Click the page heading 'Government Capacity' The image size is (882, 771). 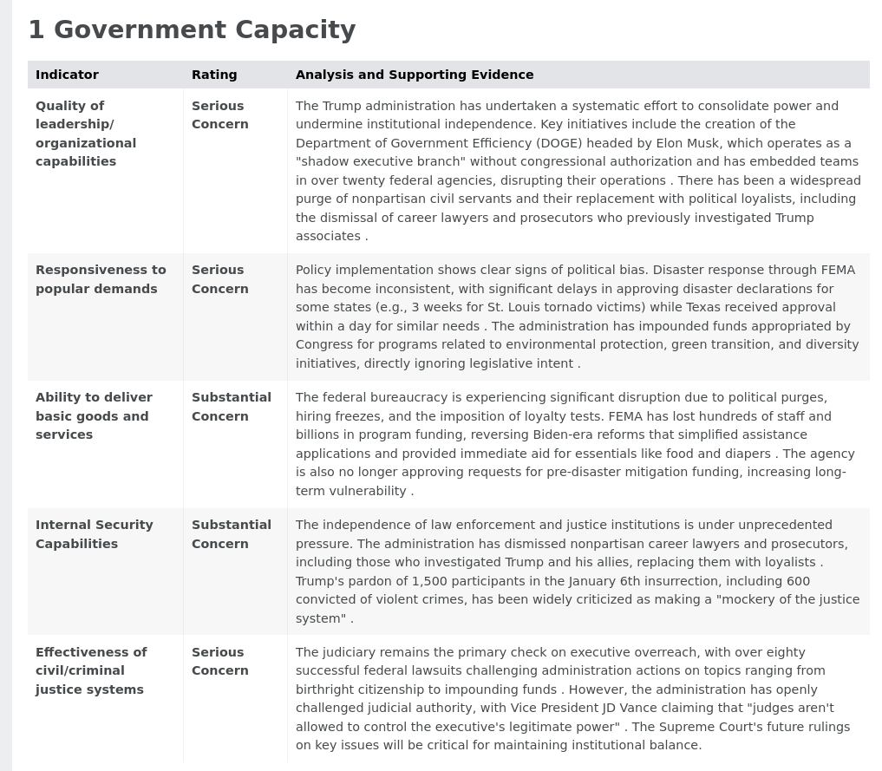click(x=204, y=30)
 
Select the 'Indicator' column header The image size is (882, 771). click(x=67, y=75)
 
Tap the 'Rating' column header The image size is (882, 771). click(x=214, y=75)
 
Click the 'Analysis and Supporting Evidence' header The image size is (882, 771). click(x=415, y=75)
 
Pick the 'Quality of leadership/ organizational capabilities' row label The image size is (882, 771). click(x=86, y=134)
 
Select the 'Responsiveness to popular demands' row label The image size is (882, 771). click(x=101, y=279)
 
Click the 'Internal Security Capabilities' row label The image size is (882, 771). click(x=95, y=534)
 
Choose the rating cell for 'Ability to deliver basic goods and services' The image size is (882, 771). click(x=232, y=407)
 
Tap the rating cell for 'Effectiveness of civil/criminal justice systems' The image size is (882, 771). click(x=220, y=661)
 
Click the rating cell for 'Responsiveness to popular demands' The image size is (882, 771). click(x=220, y=279)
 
